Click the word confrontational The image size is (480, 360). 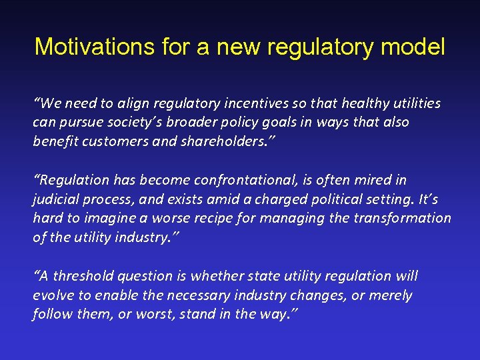coord(241,180)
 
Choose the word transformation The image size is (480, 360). coord(404,219)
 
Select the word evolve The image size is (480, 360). coord(51,295)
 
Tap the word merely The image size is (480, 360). coord(391,295)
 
